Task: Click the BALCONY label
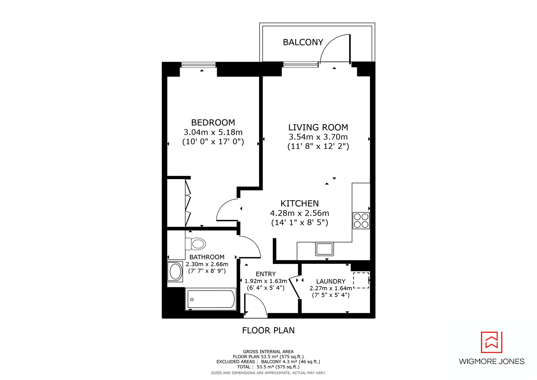click(303, 42)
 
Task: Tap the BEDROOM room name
click(213, 122)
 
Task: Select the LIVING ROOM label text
click(318, 127)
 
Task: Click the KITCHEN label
click(300, 203)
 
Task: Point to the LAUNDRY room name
click(331, 281)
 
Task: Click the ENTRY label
click(266, 274)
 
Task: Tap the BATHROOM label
click(207, 257)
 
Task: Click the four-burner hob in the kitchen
click(361, 221)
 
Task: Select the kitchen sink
click(324, 249)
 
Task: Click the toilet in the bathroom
click(196, 243)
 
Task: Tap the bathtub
click(210, 299)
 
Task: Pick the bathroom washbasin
click(175, 272)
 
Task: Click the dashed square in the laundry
click(361, 280)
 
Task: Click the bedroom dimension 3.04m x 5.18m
click(213, 132)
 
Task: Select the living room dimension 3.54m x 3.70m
click(318, 137)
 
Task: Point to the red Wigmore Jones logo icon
click(491, 342)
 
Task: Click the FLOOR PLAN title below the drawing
click(268, 330)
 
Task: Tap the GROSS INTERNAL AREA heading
click(268, 351)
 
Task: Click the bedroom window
click(198, 65)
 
